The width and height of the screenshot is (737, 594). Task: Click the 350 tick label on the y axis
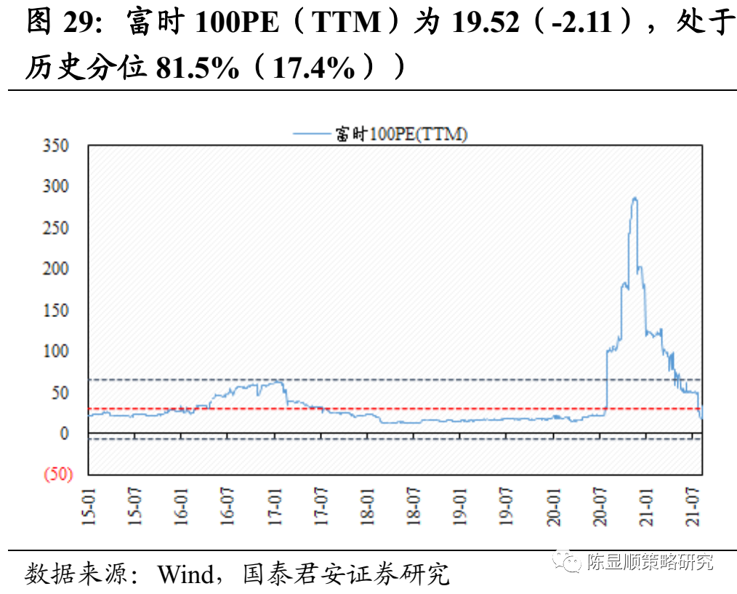pos(55,146)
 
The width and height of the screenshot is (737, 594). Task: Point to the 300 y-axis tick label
pos(55,187)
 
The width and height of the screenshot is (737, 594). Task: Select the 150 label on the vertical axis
pos(55,310)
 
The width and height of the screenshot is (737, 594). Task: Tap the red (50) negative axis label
pos(58,475)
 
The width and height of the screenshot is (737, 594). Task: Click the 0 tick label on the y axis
pos(65,434)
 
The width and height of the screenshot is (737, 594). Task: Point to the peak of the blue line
pos(635,198)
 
